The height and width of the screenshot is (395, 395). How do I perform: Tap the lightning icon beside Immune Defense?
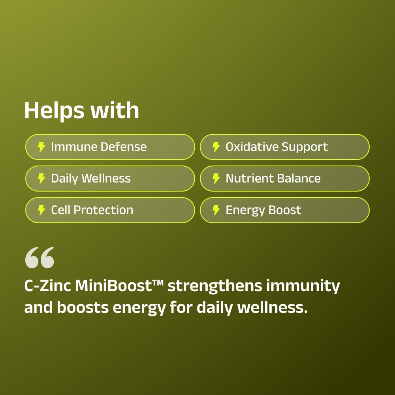click(x=41, y=147)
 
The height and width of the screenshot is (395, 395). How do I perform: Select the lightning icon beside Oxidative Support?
click(x=216, y=147)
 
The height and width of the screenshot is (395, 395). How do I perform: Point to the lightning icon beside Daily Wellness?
click(x=41, y=179)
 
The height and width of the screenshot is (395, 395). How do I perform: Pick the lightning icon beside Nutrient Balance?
click(x=216, y=179)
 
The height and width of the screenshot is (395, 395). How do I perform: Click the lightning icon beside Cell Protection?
click(x=41, y=210)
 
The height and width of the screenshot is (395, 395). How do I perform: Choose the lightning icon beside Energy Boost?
click(x=216, y=210)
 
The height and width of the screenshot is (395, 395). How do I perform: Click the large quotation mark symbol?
click(x=39, y=258)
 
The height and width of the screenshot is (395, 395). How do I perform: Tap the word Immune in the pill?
click(x=74, y=147)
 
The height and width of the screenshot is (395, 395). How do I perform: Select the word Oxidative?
click(x=252, y=147)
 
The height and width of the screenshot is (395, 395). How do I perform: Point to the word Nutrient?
click(x=248, y=179)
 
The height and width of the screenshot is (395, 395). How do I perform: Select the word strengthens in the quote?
click(x=214, y=286)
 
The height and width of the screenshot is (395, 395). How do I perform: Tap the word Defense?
click(x=123, y=147)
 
